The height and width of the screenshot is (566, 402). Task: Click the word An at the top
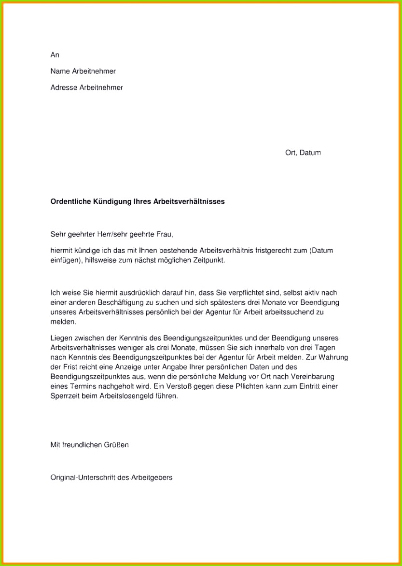coord(55,55)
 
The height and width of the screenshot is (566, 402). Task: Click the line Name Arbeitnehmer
coord(83,71)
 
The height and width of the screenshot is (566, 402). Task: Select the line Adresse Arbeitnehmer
coord(86,87)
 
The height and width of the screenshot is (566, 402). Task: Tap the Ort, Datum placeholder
coord(303,153)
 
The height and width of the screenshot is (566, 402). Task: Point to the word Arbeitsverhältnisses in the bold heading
coord(189,201)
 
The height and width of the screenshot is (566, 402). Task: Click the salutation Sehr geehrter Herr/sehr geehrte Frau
coord(111,235)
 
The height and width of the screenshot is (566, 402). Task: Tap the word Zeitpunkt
coord(210,260)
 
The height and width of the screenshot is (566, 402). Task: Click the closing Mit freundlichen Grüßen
coord(89,445)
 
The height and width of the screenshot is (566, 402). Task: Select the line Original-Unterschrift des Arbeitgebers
coord(111,477)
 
